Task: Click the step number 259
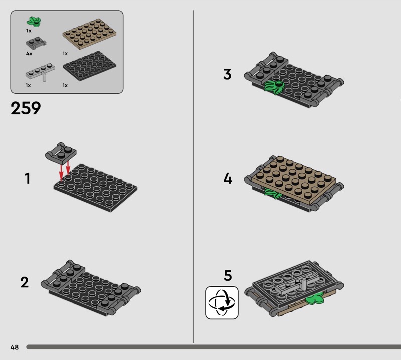pos(26,108)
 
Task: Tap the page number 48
pos(15,347)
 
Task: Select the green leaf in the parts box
pos(34,21)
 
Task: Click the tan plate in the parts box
pos(89,34)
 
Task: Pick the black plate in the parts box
pos(89,66)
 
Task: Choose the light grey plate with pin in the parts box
pos(40,72)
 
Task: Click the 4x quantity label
pos(29,54)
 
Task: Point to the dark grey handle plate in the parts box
pos(36,43)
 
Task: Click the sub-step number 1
pos(28,178)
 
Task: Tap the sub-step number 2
pos(25,282)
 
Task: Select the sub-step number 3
pos(227,74)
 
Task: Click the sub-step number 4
pos(228,178)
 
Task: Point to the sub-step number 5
pos(228,276)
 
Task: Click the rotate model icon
pos(222,303)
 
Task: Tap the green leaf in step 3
pos(274,87)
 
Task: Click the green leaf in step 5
pos(314,299)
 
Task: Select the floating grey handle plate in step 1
pos(61,153)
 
